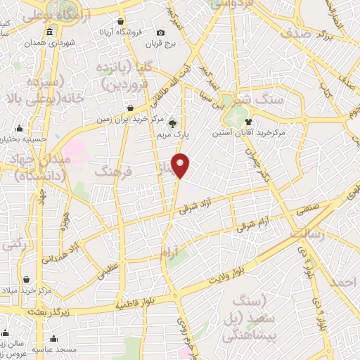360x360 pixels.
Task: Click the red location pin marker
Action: coord(181,165)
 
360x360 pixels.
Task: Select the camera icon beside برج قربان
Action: coord(161,32)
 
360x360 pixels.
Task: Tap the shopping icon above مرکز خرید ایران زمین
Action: coord(131,108)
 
